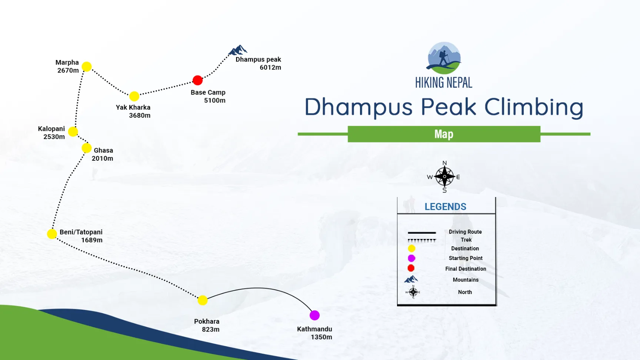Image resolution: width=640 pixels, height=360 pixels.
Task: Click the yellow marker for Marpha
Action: point(87,67)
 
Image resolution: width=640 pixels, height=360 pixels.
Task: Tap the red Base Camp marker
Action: point(198,80)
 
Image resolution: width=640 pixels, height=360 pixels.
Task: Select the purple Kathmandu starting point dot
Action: point(314,315)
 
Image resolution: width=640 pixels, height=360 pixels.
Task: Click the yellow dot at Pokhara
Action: point(203,300)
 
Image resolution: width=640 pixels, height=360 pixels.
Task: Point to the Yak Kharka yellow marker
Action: point(134,96)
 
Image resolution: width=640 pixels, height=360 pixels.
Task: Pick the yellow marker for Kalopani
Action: point(73,131)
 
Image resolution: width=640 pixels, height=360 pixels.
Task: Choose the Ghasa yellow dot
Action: point(87,148)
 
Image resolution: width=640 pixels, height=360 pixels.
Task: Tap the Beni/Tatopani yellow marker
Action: point(52,234)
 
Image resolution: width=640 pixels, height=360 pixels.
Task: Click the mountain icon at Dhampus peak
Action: point(238,50)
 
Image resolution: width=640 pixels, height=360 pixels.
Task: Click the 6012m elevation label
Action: point(270,67)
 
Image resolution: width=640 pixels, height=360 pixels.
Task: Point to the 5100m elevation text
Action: point(215,100)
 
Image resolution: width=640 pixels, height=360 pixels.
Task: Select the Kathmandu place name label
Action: point(314,329)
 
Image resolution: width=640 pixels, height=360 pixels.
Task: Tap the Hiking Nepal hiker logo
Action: point(444,58)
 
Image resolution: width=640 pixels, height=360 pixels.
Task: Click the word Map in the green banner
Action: point(444,134)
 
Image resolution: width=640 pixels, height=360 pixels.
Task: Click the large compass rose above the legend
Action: point(444,177)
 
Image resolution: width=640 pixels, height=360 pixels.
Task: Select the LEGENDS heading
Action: point(446,207)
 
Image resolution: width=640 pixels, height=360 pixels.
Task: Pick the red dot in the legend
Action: point(411,268)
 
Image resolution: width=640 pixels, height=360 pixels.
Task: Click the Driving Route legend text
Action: point(465,232)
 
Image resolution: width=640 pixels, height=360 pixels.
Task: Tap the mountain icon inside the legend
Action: point(411,279)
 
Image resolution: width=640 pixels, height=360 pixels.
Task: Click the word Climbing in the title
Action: point(534,107)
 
